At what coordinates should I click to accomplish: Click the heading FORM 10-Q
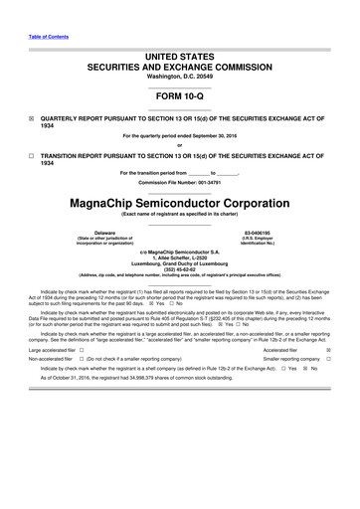pos(180,96)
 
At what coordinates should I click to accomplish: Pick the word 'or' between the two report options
pos(180,144)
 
